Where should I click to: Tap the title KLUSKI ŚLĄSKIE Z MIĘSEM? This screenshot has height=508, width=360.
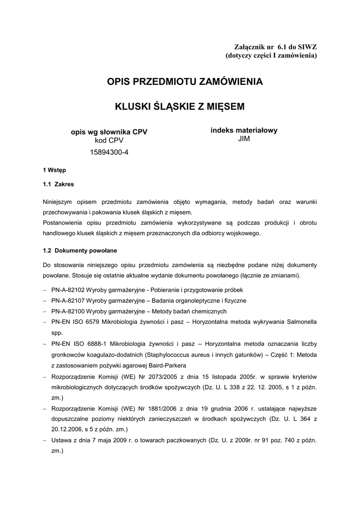pos(180,106)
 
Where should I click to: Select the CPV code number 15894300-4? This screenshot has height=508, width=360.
pos(109,152)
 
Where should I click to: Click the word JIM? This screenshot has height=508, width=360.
pos(244,139)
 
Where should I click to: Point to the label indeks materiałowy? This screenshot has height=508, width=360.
pos(244,130)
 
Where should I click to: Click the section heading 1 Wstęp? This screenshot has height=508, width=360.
pos(55,170)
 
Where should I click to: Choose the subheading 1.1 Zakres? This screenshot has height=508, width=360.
pos(59,184)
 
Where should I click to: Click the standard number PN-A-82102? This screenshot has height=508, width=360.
pos(70,290)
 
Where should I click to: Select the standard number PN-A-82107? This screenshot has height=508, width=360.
pos(70,301)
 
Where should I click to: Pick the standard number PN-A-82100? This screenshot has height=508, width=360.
pos(70,312)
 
